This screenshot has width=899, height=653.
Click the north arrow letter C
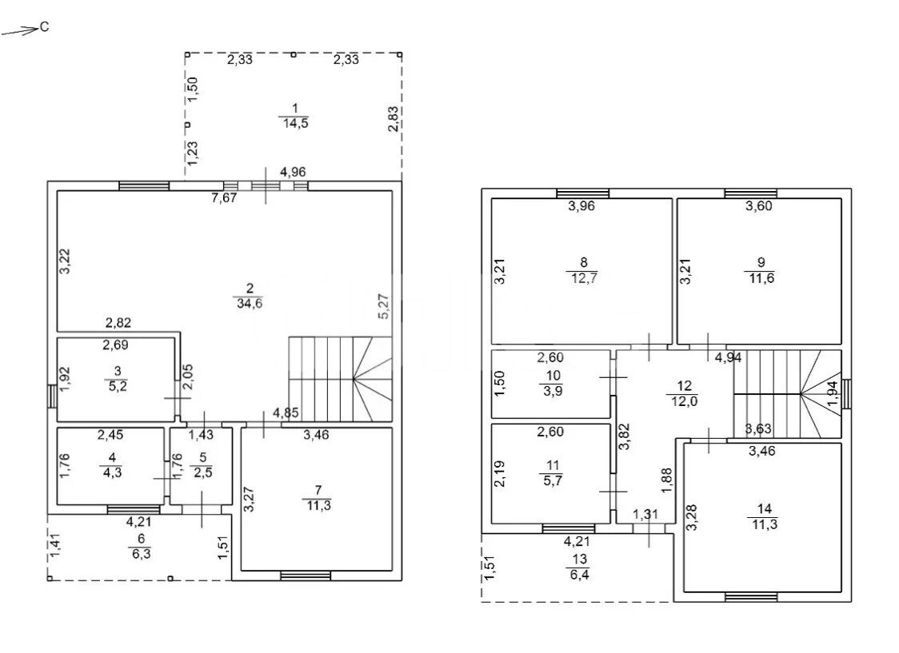point(45,27)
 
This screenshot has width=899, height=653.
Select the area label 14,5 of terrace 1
point(295,123)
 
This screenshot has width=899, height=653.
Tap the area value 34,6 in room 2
point(250,304)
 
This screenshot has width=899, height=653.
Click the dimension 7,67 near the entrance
point(224,198)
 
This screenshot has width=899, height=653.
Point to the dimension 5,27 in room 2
point(384,306)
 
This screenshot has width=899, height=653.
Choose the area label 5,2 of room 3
point(118,386)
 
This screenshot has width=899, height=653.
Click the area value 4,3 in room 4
point(112,472)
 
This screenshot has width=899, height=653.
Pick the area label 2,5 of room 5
point(202,472)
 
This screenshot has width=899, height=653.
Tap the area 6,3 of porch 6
point(141,554)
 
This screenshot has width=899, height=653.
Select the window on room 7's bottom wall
point(306,575)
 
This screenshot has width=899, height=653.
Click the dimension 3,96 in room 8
point(581,206)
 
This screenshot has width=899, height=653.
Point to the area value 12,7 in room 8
point(584,278)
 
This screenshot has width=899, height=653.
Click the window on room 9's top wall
point(750,193)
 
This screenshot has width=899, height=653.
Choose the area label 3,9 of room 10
point(553,391)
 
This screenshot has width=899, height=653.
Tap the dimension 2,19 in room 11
point(499,474)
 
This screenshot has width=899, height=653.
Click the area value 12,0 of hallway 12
point(684,401)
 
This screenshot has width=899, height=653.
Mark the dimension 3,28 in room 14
point(692,517)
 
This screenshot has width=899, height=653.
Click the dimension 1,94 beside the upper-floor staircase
point(833,394)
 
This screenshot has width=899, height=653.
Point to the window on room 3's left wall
point(52,396)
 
